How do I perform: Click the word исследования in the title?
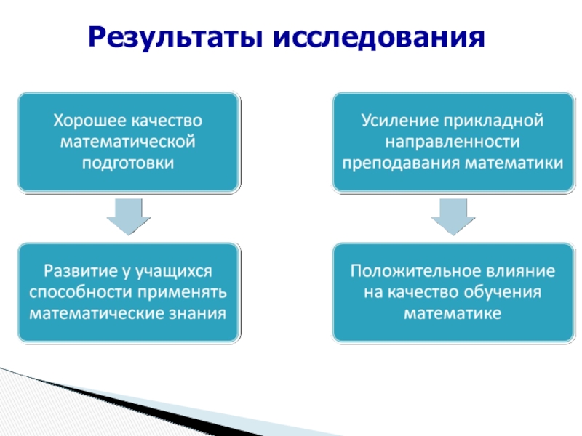point(378,36)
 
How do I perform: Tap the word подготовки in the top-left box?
point(128,162)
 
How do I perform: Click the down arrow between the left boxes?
point(129,216)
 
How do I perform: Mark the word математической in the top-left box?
point(128,141)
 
